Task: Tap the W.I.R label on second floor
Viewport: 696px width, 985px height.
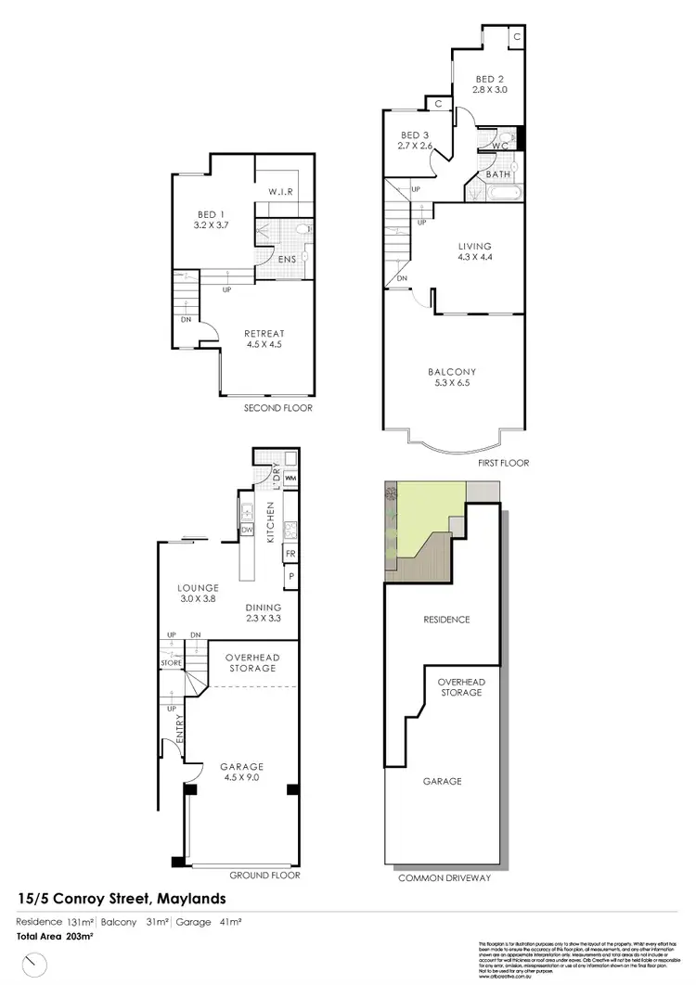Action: click(x=282, y=192)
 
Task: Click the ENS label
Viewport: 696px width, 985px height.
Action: click(x=287, y=259)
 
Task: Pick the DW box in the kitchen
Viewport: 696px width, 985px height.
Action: click(x=248, y=530)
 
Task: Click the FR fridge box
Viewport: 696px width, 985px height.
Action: click(x=290, y=554)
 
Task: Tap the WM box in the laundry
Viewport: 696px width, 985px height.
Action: click(x=290, y=479)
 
